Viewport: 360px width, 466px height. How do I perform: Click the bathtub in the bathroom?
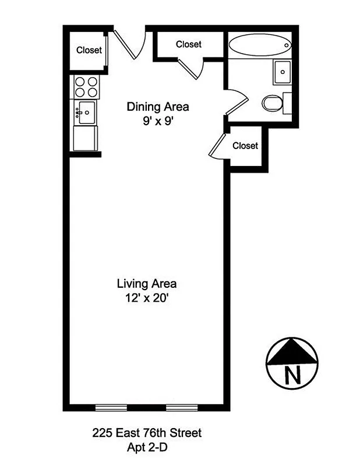click(259, 45)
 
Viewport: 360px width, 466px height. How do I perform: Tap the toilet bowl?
click(271, 104)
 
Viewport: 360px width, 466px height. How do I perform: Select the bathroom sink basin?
click(282, 72)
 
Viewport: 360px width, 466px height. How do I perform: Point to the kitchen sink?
click(86, 111)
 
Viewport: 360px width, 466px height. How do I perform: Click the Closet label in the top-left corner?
click(89, 50)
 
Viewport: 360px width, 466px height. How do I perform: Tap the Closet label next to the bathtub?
click(188, 44)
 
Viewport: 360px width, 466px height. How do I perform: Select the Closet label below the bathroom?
click(245, 146)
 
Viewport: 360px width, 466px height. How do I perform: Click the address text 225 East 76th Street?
click(146, 433)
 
